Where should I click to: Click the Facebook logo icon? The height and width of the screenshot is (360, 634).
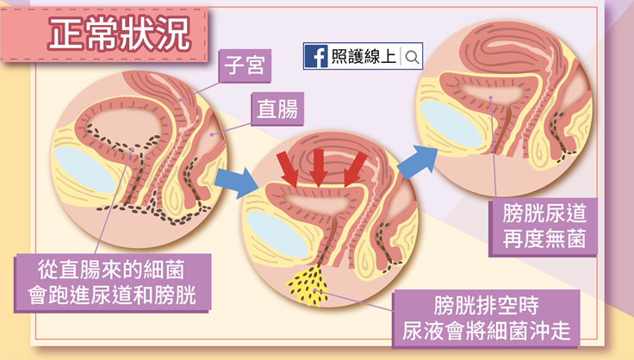(x=316, y=57)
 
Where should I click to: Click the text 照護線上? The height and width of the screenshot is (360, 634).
(x=363, y=58)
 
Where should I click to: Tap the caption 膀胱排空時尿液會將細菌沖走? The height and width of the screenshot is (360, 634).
(x=487, y=316)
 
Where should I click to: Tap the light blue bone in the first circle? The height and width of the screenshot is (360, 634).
(x=84, y=167)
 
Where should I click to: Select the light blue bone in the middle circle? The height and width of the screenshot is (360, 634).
(x=275, y=235)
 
